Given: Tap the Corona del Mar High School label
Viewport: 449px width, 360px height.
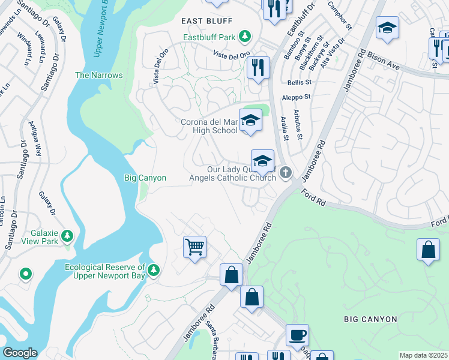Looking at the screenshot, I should (209, 126).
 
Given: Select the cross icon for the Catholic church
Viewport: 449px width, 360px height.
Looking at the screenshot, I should (286, 173).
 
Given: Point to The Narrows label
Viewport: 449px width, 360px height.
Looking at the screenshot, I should (98, 75).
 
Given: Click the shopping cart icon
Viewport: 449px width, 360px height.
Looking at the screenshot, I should (195, 246).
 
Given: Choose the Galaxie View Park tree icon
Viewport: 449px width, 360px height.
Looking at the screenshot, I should (67, 235).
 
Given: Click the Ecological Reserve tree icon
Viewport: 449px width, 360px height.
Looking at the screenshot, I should (154, 271).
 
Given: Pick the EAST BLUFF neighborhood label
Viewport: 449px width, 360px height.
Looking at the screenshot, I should (206, 20).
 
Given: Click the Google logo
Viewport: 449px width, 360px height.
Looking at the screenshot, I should (20, 353).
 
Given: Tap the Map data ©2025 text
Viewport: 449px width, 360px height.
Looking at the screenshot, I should (423, 355).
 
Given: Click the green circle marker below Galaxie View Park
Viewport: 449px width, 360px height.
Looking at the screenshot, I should (25, 274).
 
